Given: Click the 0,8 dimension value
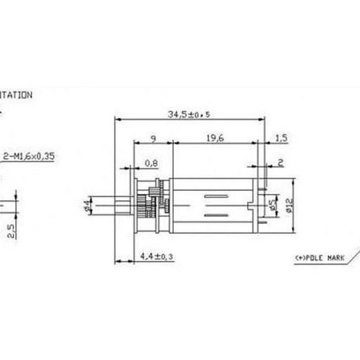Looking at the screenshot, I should pos(152,163).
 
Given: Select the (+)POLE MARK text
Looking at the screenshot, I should pos(320,257).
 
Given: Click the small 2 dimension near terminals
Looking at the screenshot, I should pos(280,163).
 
